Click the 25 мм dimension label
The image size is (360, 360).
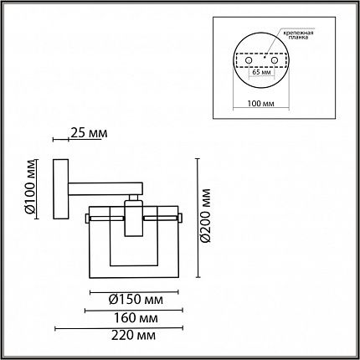point(89,133)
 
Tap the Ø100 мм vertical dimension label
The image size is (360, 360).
point(31,190)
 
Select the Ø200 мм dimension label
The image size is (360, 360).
point(206,215)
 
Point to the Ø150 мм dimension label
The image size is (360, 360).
point(136,300)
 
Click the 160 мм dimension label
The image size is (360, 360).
point(136,318)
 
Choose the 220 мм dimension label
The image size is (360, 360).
point(134,335)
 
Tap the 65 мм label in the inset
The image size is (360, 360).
point(261,72)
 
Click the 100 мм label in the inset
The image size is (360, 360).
point(261,104)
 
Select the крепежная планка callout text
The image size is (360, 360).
point(299,35)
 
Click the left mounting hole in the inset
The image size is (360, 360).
point(248,60)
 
